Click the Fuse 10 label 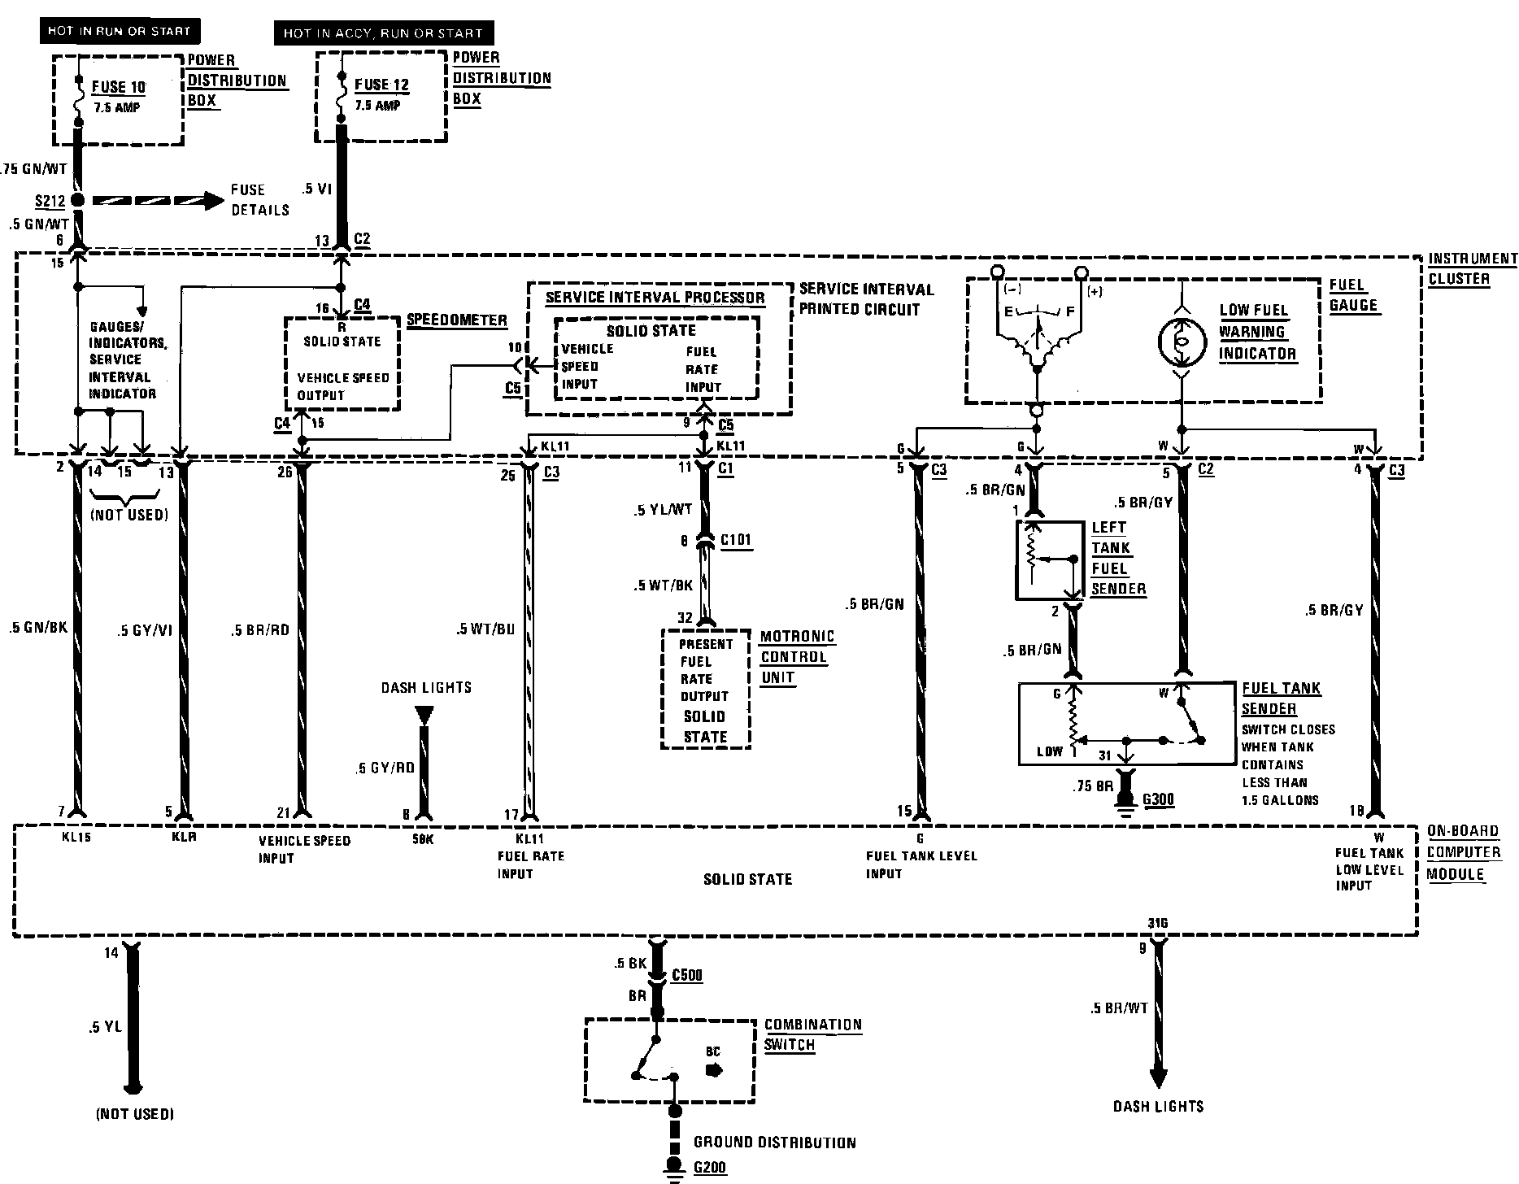(x=119, y=87)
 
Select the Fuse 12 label (x=381, y=85)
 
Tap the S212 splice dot (x=78, y=200)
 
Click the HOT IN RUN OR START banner (x=119, y=32)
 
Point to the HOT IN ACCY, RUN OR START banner (x=383, y=33)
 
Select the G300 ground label (x=1158, y=799)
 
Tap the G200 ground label (x=709, y=1168)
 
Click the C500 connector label (x=687, y=975)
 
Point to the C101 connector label (x=736, y=540)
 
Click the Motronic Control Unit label (x=797, y=657)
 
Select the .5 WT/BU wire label (x=485, y=628)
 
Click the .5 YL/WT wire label (x=664, y=510)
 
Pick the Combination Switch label (x=812, y=1034)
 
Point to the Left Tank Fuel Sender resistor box (x=1049, y=560)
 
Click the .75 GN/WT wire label (x=34, y=169)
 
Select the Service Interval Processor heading (x=655, y=298)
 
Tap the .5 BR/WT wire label (x=1119, y=1008)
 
